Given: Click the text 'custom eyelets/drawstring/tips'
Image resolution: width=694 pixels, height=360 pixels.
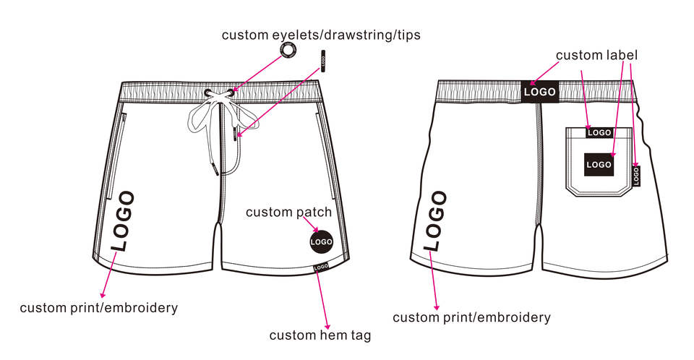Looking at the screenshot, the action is click(321, 35).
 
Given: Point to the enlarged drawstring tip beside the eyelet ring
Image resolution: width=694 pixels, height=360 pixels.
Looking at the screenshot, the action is click(323, 61).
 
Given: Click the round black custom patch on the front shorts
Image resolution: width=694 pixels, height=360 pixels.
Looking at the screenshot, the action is click(321, 241).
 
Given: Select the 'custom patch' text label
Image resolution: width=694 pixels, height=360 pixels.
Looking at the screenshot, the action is click(288, 212).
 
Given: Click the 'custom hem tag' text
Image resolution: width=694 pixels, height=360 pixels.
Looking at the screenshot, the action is click(320, 335).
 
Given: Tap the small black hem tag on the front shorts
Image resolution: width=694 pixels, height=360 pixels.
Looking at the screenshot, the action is click(321, 267).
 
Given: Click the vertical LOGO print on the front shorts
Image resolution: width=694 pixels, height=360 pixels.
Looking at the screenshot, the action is click(124, 220).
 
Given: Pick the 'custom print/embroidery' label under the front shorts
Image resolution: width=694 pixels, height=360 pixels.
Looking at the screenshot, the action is click(98, 308).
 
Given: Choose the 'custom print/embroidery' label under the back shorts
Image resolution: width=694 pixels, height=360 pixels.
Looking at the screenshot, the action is click(471, 317).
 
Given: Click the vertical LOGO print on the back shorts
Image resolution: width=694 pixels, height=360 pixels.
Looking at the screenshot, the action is click(436, 220).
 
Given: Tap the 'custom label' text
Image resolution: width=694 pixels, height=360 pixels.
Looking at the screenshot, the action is click(596, 55).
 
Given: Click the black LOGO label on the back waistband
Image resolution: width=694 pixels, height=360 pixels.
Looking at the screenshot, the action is click(539, 92).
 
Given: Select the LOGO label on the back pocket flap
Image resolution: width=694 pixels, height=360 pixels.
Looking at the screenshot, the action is click(599, 132).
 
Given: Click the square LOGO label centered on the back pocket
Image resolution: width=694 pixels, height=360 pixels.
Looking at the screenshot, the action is click(599, 165).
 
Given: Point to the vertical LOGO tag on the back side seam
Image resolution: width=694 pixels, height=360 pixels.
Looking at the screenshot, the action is click(636, 176).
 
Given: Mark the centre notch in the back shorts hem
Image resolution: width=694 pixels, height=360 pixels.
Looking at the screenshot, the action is click(539, 233).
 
